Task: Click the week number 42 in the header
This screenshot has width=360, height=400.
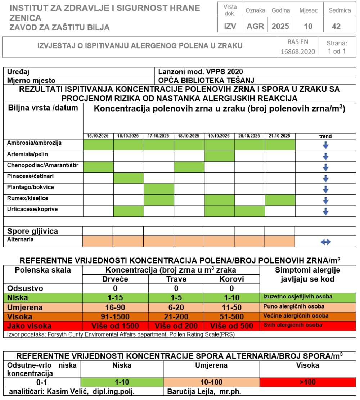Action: tap(336, 26)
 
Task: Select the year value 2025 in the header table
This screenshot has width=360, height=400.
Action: tap(280, 26)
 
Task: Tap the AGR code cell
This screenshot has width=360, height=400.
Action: tap(255, 26)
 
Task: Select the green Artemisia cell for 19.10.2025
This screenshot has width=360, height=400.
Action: tap(220, 156)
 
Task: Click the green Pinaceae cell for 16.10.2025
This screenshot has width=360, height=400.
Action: tap(129, 178)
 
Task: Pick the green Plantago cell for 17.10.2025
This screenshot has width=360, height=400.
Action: tap(159, 189)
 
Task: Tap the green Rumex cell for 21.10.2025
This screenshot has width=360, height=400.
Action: tap(280, 201)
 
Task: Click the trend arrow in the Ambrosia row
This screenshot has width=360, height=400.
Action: tap(325, 145)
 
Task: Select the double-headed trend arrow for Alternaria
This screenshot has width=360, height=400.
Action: tap(325, 242)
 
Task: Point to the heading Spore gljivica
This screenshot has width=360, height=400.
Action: tap(33, 231)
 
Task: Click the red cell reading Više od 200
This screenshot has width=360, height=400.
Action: tap(176, 326)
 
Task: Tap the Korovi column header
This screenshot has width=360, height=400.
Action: tap(231, 279)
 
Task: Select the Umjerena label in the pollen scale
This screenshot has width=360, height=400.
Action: tap(25, 307)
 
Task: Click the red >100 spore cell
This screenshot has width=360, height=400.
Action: tap(307, 382)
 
